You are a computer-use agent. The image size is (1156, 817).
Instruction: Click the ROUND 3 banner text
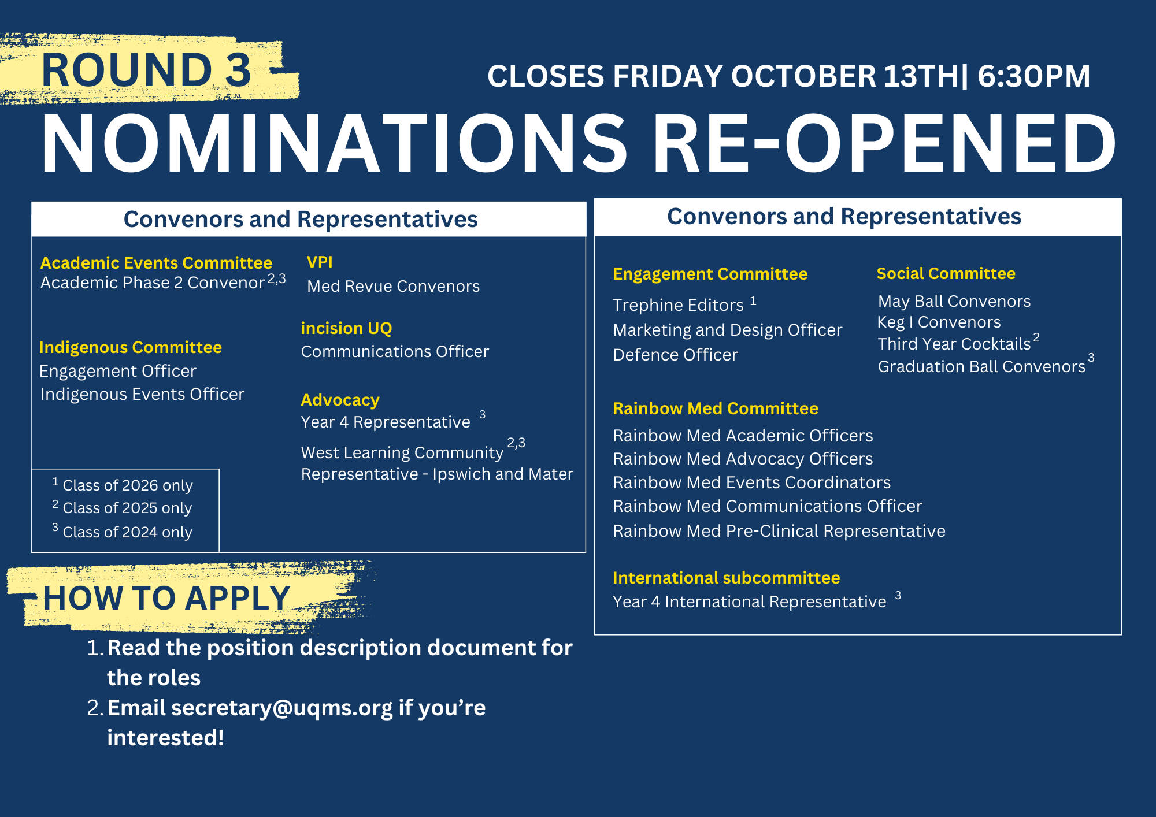click(x=146, y=70)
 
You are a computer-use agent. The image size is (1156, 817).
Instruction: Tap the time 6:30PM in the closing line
click(x=1033, y=76)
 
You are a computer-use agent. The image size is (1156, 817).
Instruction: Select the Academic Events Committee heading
click(x=156, y=263)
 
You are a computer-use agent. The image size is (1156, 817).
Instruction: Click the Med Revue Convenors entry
click(x=393, y=286)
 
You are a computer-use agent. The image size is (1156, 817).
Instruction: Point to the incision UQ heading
click(x=346, y=328)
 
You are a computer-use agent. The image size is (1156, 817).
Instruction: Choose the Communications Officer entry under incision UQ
click(x=395, y=351)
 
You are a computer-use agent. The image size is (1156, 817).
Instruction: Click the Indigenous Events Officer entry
click(x=142, y=394)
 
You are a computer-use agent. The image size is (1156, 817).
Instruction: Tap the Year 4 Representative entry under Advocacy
click(x=386, y=422)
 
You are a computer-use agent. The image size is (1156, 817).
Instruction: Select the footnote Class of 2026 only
click(x=127, y=485)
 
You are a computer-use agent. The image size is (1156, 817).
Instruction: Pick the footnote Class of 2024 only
click(x=127, y=532)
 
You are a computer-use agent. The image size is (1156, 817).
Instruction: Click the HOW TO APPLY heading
click(x=166, y=598)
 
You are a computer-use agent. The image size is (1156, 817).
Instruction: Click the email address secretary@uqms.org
click(x=282, y=708)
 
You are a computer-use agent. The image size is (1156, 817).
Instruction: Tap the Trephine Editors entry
click(x=678, y=305)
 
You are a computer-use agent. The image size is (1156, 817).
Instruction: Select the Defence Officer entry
click(x=675, y=355)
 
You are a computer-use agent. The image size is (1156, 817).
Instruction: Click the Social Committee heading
click(x=946, y=273)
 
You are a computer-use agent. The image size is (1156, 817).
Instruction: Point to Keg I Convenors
click(x=939, y=322)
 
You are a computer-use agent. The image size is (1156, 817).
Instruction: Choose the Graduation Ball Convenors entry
click(x=981, y=366)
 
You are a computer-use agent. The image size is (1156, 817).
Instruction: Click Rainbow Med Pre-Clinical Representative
click(x=779, y=531)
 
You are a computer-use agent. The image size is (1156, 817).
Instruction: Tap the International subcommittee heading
click(x=726, y=578)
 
